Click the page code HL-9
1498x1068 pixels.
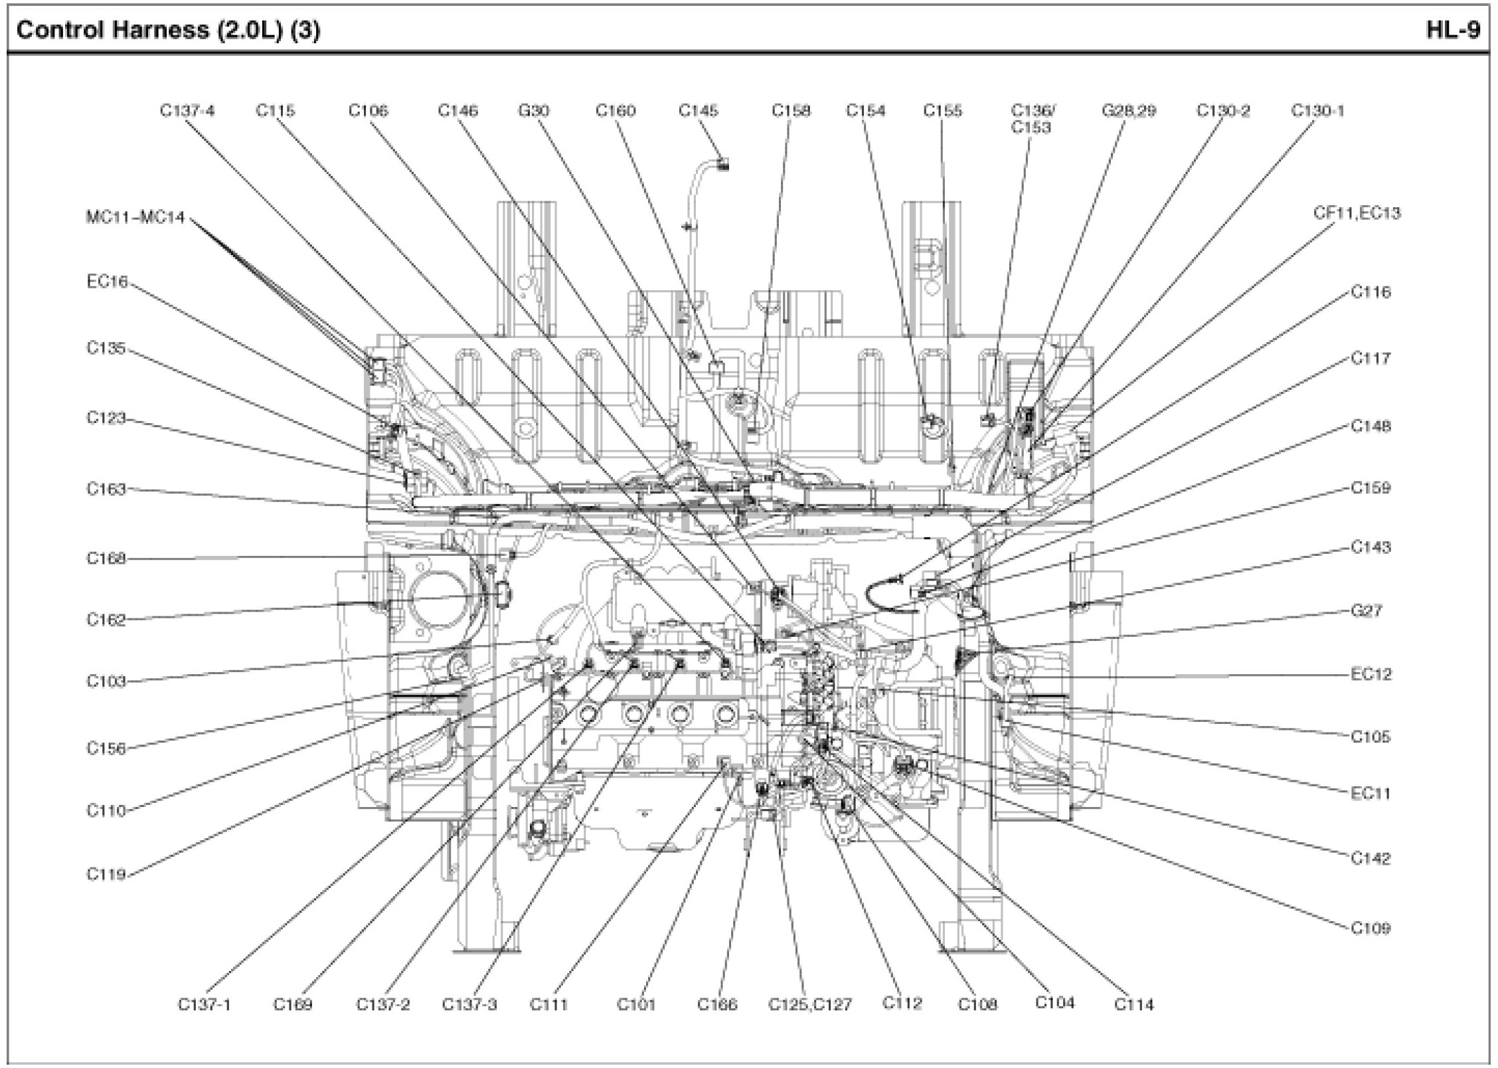pyautogui.click(x=1452, y=30)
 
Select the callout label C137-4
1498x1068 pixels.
pyautogui.click(x=187, y=111)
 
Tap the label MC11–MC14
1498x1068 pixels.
pyautogui.click(x=135, y=217)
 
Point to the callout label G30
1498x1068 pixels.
pyautogui.click(x=533, y=111)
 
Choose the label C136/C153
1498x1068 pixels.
pyautogui.click(x=1031, y=119)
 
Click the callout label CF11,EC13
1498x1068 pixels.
pyautogui.click(x=1357, y=213)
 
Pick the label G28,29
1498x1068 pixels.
pyautogui.click(x=1128, y=111)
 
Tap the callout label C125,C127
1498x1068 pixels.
pyautogui.click(x=809, y=1004)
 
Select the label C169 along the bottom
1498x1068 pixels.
pyautogui.click(x=293, y=1004)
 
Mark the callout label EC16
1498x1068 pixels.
pyautogui.click(x=106, y=282)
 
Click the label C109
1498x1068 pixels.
pyautogui.click(x=1371, y=928)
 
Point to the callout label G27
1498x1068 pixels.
pyautogui.click(x=1366, y=610)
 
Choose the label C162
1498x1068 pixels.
pyautogui.click(x=106, y=620)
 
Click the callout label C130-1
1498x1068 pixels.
pyautogui.click(x=1317, y=111)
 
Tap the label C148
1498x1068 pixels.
pyautogui.click(x=1371, y=426)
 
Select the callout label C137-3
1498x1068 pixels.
pyautogui.click(x=469, y=1004)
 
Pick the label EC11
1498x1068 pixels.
pyautogui.click(x=1370, y=793)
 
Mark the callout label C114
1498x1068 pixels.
pyautogui.click(x=1133, y=1004)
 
